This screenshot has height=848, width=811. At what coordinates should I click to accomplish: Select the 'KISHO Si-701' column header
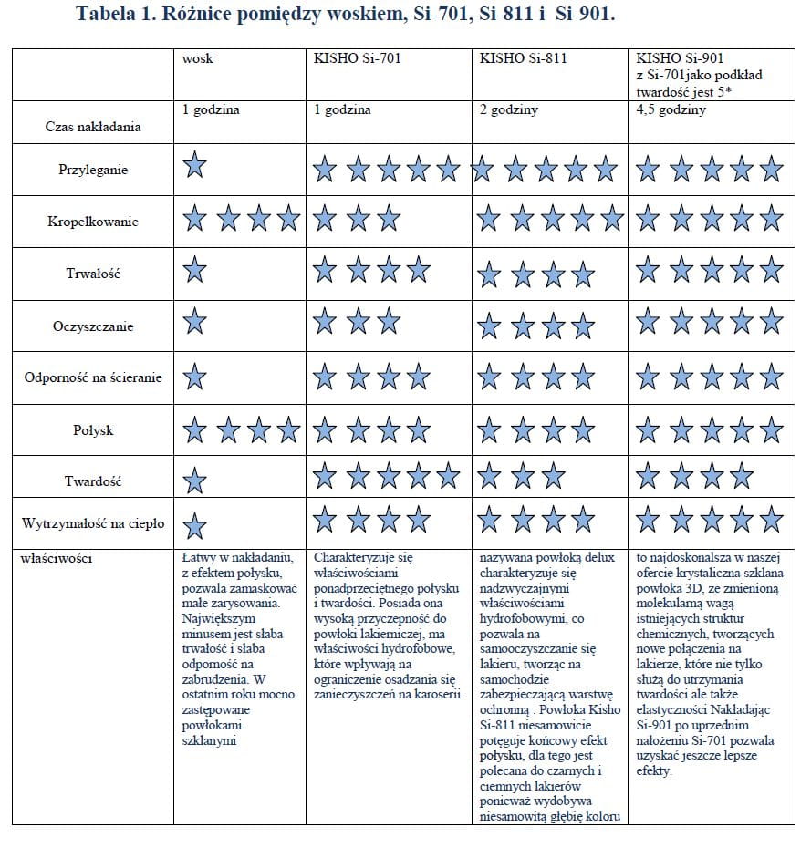(x=357, y=59)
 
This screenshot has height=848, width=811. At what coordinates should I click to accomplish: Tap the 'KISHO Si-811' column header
(x=524, y=59)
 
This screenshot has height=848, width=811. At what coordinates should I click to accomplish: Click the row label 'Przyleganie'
(x=93, y=170)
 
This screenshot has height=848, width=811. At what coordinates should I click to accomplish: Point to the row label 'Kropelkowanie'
(x=93, y=221)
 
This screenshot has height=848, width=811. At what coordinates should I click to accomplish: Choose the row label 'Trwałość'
(x=93, y=274)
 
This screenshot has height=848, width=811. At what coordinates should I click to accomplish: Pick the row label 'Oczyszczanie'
(x=93, y=326)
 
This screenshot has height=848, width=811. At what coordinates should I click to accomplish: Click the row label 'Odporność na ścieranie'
(x=93, y=377)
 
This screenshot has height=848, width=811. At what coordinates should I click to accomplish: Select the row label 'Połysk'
(x=93, y=429)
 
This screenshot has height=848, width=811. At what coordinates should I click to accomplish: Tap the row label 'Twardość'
(x=93, y=481)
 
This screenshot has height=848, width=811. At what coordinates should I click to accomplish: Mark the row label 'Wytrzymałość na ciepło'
(x=93, y=523)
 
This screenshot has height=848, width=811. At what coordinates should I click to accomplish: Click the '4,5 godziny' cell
(x=671, y=109)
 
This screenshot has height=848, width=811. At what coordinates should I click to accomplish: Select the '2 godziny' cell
(x=508, y=109)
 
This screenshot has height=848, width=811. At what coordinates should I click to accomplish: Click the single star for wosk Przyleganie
(x=194, y=166)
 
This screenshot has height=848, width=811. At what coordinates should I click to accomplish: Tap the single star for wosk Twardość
(x=194, y=481)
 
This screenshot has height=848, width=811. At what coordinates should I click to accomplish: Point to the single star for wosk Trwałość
(x=194, y=270)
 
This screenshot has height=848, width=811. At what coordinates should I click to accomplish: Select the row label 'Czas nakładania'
(x=93, y=127)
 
